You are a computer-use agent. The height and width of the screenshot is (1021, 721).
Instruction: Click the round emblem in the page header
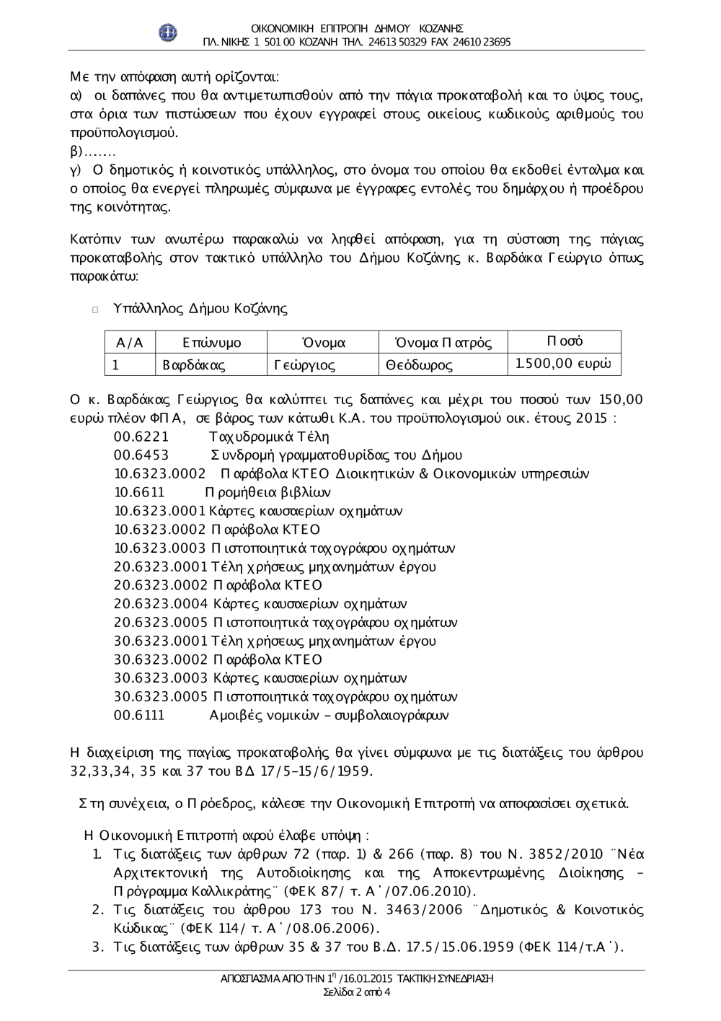click(168, 32)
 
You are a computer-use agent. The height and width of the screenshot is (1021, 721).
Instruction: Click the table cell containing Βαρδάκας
click(194, 365)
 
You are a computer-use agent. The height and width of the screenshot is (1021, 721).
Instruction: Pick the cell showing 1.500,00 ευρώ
click(564, 364)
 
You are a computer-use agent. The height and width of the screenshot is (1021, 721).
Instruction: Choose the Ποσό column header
click(565, 341)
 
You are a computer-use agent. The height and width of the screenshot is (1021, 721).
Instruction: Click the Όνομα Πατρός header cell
click(443, 343)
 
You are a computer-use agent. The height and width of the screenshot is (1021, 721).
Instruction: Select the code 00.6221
click(141, 437)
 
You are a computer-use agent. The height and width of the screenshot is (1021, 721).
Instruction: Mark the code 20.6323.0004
click(161, 604)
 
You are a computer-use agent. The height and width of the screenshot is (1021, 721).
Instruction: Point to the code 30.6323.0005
click(161, 696)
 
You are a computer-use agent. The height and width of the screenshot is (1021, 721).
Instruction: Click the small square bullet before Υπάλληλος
click(94, 310)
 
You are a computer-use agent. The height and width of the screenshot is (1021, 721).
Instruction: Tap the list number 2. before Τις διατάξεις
click(98, 910)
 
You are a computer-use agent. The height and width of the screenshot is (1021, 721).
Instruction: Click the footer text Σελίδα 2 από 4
click(357, 991)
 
